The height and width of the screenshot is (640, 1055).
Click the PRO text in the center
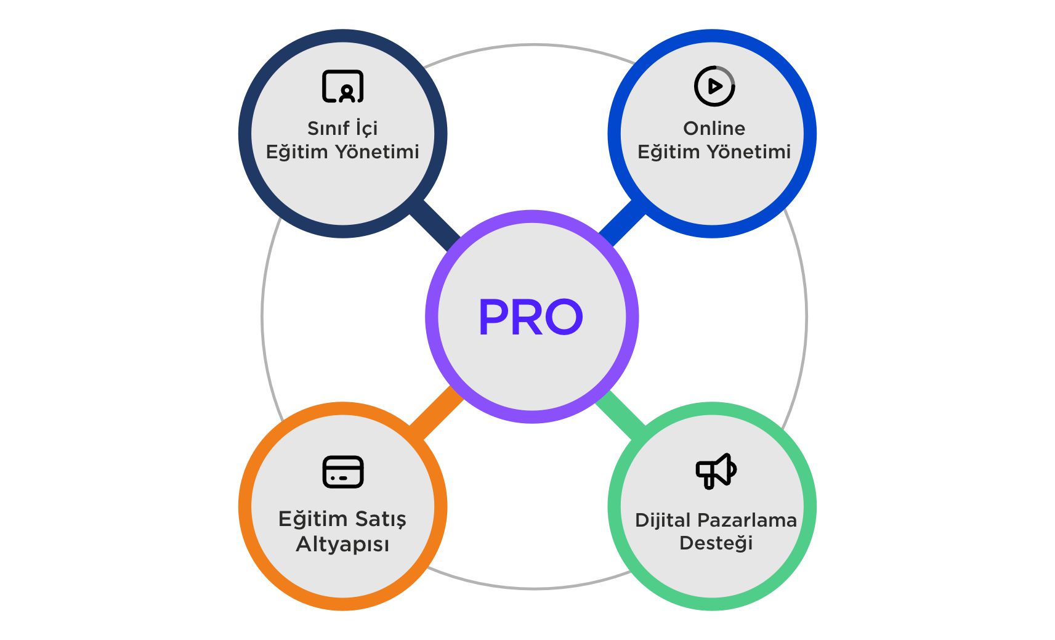click(x=530, y=317)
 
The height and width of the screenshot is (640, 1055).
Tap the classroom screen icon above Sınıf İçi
click(x=343, y=86)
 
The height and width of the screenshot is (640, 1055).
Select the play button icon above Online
click(x=714, y=86)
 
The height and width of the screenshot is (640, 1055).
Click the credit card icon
click(x=343, y=472)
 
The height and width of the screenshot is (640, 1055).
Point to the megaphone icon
click(x=716, y=471)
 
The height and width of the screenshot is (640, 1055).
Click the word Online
click(x=714, y=128)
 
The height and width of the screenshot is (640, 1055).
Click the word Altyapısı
click(x=342, y=545)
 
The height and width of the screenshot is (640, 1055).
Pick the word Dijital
click(x=663, y=521)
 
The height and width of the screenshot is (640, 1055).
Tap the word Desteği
click(x=716, y=543)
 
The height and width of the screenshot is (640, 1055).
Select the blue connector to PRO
click(x=622, y=222)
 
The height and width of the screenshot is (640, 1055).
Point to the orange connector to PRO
click(x=436, y=413)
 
